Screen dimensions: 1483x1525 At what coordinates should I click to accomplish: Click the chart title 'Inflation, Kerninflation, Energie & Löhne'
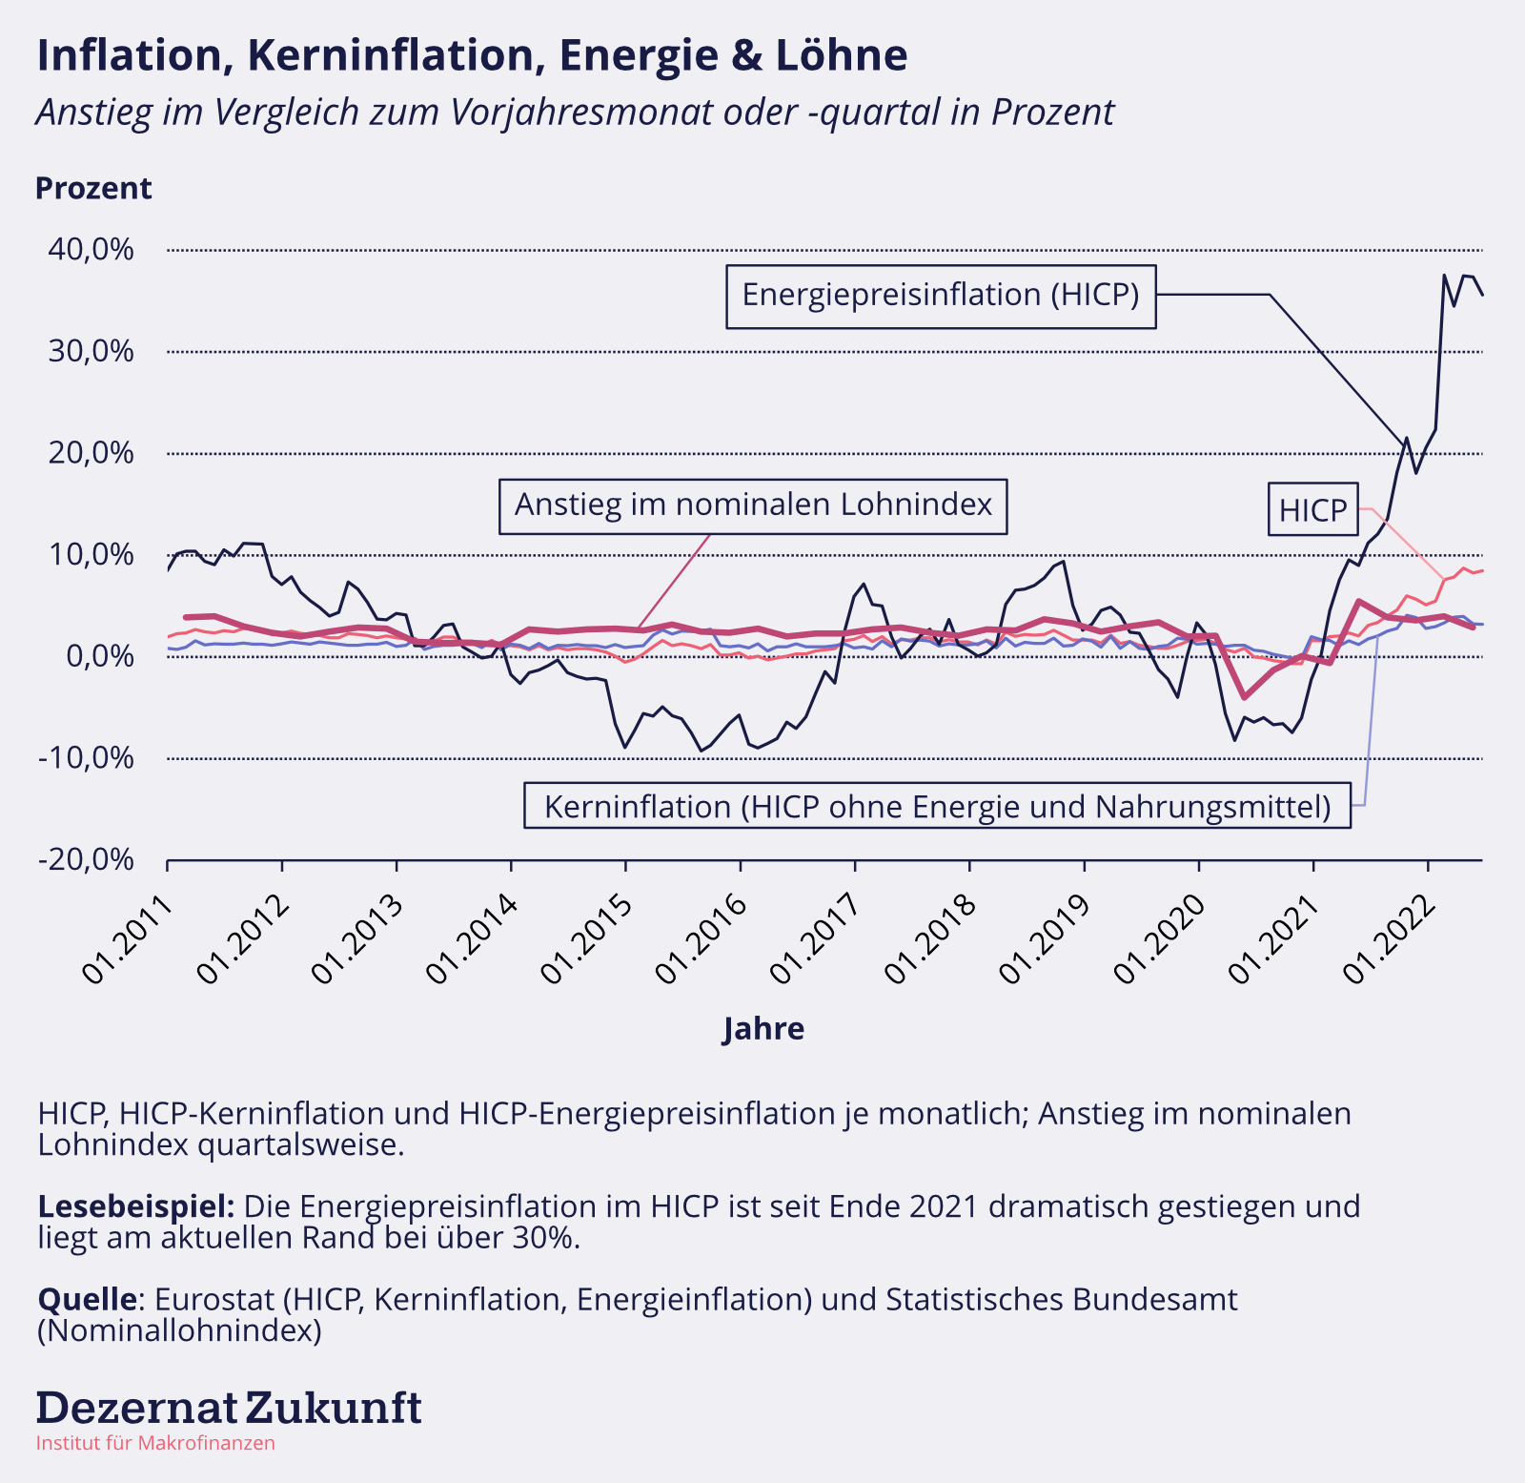click(x=472, y=55)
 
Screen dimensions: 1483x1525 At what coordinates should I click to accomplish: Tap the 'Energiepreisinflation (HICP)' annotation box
click(x=941, y=296)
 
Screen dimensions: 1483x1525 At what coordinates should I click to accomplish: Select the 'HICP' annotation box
click(x=1312, y=510)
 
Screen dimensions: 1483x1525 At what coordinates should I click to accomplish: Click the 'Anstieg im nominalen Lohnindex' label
click(x=753, y=505)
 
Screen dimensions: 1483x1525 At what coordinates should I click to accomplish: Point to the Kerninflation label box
click(x=937, y=807)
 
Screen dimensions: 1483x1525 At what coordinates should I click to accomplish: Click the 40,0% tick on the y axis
click(x=91, y=250)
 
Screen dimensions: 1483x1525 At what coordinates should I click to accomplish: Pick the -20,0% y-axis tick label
click(x=87, y=860)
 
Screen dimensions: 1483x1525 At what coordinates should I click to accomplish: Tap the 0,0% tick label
click(x=100, y=656)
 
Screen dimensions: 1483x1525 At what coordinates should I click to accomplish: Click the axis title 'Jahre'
click(x=763, y=1029)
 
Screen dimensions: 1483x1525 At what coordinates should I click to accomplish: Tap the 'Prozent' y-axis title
click(x=93, y=189)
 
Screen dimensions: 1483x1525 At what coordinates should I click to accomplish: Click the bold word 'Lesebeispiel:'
click(x=136, y=1206)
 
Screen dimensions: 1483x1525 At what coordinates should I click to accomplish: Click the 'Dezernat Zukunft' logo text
click(x=229, y=1408)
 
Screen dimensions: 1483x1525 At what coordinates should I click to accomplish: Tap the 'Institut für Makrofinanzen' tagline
click(x=155, y=1443)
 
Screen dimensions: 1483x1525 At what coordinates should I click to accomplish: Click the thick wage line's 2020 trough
click(x=1244, y=697)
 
